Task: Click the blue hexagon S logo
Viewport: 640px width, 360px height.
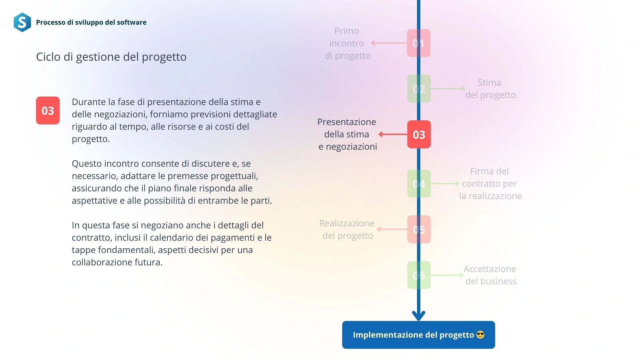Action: (x=22, y=22)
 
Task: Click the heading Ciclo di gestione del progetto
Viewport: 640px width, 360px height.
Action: (x=111, y=57)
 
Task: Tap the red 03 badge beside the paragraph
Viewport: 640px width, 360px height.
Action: (x=48, y=110)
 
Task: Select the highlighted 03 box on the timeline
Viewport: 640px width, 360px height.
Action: (x=419, y=134)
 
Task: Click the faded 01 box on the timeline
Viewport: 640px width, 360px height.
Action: (x=419, y=43)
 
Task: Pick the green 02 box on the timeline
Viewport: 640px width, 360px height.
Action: (x=419, y=89)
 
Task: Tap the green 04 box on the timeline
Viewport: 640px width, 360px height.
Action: (x=419, y=184)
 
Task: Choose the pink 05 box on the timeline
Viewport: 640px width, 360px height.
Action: (x=419, y=229)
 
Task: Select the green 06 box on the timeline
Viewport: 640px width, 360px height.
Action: (x=419, y=275)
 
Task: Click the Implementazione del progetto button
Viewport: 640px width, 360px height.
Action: (x=418, y=335)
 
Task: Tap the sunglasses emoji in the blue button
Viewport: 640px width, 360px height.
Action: (x=480, y=335)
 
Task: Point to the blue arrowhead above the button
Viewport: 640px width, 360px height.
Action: (x=418, y=315)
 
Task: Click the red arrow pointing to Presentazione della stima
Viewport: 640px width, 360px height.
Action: (x=393, y=134)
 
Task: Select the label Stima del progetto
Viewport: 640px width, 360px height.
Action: (x=490, y=89)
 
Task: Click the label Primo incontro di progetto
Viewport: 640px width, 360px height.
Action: (x=347, y=43)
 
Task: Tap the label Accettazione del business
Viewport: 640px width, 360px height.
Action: (x=490, y=275)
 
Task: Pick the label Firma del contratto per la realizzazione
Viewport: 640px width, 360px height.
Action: (x=490, y=184)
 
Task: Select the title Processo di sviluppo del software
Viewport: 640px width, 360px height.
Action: (x=91, y=22)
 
